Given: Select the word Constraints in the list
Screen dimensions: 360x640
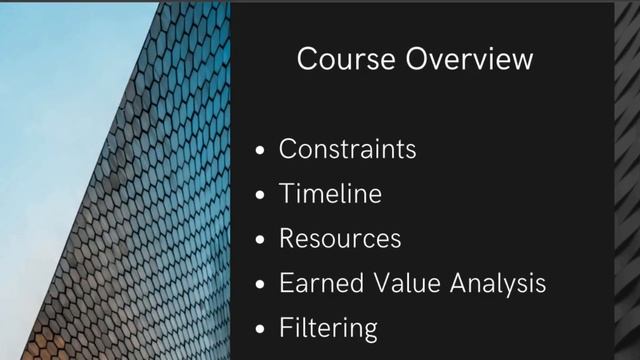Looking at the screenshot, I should pyautogui.click(x=347, y=149).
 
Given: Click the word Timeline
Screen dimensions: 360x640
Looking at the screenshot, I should pyautogui.click(x=330, y=193).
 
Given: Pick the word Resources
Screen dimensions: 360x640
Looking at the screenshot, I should pyautogui.click(x=340, y=238).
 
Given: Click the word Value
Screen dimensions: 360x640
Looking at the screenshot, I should pyautogui.click(x=405, y=283).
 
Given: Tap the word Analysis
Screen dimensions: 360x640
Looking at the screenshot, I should pyautogui.click(x=498, y=284).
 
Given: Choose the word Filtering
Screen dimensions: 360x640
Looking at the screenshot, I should pyautogui.click(x=328, y=328).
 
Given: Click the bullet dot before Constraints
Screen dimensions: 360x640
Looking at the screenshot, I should pyautogui.click(x=260, y=151).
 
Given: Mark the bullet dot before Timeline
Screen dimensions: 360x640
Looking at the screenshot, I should pyautogui.click(x=260, y=195).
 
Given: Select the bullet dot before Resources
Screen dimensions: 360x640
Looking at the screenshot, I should pyautogui.click(x=260, y=240).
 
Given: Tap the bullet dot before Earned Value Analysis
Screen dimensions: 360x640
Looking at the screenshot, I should pyautogui.click(x=260, y=285).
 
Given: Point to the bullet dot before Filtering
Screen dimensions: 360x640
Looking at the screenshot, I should pyautogui.click(x=260, y=330).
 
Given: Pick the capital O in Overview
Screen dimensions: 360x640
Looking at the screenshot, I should pyautogui.click(x=418, y=59).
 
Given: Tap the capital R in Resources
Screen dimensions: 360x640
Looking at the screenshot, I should pyautogui.click(x=288, y=238).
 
